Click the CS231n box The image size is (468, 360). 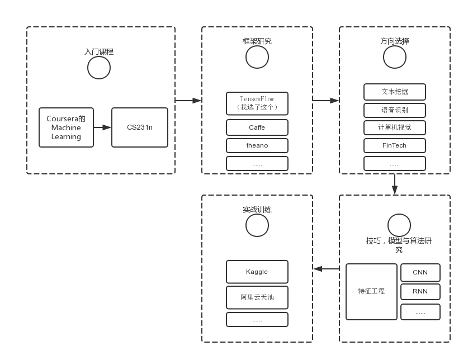140,127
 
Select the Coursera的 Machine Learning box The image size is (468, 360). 66,127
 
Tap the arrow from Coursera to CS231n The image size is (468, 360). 102,127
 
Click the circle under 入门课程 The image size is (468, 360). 99,68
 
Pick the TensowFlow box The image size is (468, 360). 257,103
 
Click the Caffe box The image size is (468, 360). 257,127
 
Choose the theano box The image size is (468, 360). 257,145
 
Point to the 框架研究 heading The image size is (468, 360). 257,41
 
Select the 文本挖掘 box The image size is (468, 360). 395,91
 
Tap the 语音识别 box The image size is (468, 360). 395,110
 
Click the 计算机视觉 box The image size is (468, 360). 395,127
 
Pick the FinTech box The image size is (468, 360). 395,145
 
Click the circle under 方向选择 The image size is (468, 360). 395,57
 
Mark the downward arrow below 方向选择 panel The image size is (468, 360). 395,184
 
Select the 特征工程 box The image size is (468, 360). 371,292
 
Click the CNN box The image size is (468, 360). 420,272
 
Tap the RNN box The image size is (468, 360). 420,291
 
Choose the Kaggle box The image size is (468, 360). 257,272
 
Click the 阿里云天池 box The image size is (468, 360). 257,297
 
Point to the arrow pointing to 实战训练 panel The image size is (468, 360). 326,269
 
